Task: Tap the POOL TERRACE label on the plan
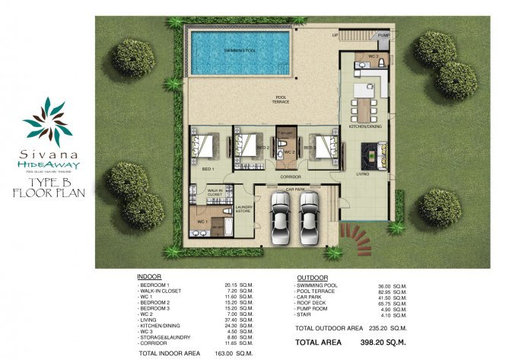(x=281, y=98)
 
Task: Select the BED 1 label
(x=208, y=168)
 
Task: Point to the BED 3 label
(x=309, y=148)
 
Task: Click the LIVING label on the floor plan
(x=363, y=174)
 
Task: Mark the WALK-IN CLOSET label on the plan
(x=215, y=193)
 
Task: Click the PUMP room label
(x=383, y=35)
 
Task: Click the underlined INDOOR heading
(x=148, y=277)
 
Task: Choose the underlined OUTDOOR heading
(x=311, y=277)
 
